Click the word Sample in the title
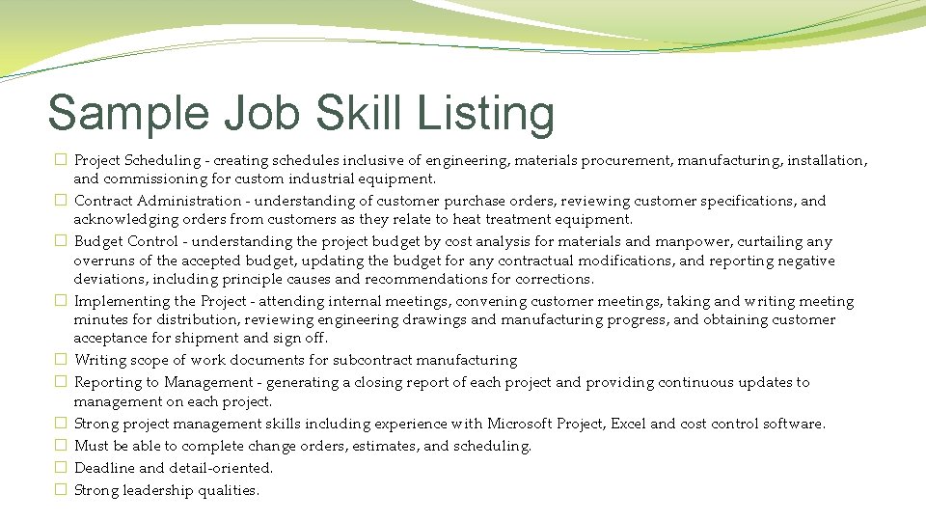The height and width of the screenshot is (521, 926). coord(128,113)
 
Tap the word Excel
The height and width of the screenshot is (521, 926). coord(627,424)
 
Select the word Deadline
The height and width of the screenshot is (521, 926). coord(104,468)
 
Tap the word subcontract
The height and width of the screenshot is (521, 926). coord(377,360)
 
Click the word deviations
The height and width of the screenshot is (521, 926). coord(110,279)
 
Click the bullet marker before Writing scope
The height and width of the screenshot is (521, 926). coord(60,360)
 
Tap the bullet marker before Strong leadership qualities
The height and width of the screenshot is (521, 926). coord(60,490)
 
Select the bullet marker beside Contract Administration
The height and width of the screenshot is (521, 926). coord(60,201)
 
